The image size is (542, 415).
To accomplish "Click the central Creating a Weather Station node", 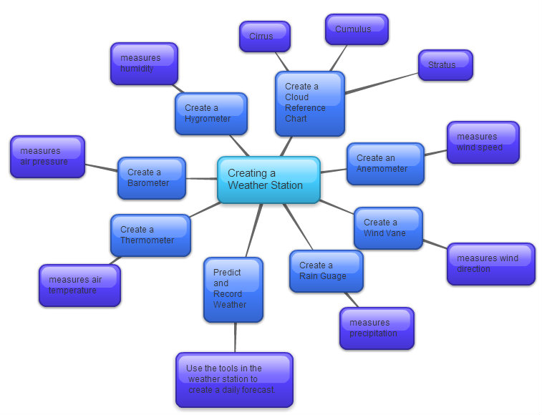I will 268,180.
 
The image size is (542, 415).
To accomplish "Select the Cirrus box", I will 264,36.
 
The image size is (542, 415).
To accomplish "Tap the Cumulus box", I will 357,29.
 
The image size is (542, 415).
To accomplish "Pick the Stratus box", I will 445,64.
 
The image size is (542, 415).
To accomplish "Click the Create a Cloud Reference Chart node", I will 310,103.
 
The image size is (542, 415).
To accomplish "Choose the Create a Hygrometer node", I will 211,114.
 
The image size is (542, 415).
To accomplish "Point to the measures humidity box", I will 144,64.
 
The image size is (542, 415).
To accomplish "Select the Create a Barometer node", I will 152,178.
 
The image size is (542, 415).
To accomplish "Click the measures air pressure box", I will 47,157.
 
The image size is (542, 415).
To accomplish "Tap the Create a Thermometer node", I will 150,235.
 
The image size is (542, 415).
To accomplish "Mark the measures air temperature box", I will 79,285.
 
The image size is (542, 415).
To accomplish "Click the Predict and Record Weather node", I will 233,289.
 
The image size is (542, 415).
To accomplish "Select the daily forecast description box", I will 234,379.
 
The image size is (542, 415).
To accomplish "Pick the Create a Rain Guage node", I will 326,271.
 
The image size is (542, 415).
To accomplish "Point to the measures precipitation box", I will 377,328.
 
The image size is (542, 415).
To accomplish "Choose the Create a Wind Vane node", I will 388,228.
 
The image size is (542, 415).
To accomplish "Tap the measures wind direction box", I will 491,264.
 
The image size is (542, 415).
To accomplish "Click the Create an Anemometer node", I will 385,164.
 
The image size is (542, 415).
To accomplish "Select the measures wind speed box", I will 483,142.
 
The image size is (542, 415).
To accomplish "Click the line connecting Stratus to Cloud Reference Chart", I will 382,83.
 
